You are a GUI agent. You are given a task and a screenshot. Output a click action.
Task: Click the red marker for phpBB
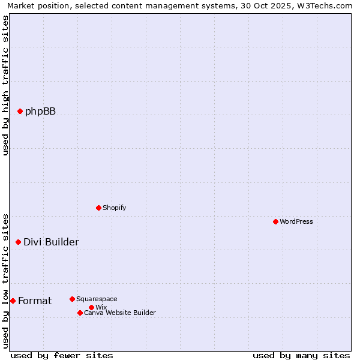(20, 111)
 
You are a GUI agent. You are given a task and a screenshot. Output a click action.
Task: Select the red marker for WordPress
(275, 221)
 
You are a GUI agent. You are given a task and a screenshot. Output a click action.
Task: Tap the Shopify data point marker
(98, 208)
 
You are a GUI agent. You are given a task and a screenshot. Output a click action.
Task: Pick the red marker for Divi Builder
(18, 242)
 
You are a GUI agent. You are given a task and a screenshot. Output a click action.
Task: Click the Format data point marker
(13, 301)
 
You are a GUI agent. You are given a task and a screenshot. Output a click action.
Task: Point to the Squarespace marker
(72, 299)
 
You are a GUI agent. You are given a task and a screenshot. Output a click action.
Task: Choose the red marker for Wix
(91, 307)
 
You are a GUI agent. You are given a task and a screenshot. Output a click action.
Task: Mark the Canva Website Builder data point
(80, 313)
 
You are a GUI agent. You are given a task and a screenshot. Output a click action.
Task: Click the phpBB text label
(40, 111)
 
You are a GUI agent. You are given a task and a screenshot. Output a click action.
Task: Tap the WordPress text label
(296, 221)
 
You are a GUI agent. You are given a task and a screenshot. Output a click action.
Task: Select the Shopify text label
(114, 208)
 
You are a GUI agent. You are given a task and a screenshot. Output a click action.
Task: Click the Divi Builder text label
(51, 242)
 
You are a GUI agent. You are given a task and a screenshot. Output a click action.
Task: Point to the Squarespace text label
(97, 299)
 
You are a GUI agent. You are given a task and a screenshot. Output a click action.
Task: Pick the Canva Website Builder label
(120, 313)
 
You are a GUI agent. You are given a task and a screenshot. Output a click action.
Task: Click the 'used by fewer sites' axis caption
(62, 355)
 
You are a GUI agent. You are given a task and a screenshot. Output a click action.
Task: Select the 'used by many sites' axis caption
(301, 355)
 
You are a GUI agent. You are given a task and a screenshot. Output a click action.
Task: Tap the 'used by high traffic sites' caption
(5, 85)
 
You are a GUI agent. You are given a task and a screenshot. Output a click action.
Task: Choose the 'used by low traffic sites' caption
(5, 280)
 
